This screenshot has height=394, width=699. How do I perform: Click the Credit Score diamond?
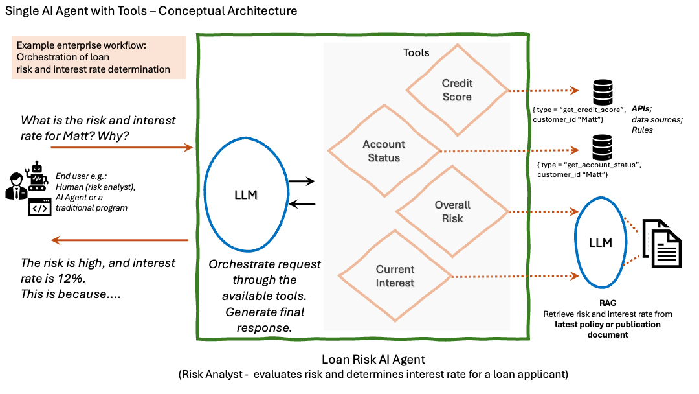458,90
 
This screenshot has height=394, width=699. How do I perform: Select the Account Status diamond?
384,151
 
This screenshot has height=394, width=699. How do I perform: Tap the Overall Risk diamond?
452,212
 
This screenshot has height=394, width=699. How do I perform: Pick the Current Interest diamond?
395,276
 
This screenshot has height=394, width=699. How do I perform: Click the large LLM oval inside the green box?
246,195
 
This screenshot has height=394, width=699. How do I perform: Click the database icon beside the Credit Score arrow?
603,93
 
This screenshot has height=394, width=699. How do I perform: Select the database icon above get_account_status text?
603,147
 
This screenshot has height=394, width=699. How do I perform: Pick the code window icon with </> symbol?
39,208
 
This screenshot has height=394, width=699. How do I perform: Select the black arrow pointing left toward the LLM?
301,205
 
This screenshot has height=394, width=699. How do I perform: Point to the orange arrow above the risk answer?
120,240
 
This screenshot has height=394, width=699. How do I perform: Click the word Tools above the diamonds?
416,52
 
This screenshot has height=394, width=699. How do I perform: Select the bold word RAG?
608,303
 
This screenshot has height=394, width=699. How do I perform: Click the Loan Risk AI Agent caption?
373,359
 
